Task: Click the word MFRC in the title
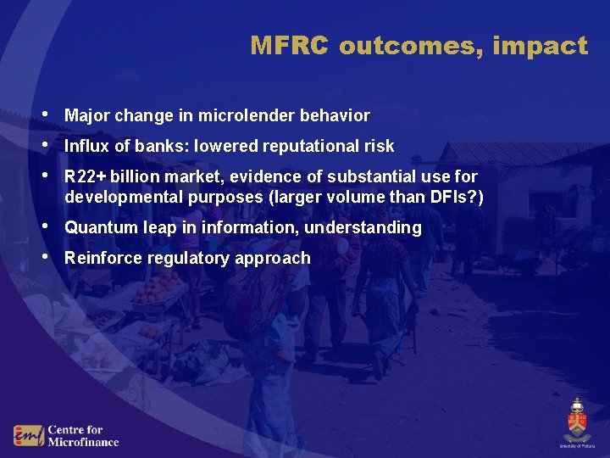(x=289, y=46)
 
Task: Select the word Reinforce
(x=103, y=258)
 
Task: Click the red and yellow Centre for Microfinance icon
(x=27, y=435)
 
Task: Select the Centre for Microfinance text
(x=82, y=435)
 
